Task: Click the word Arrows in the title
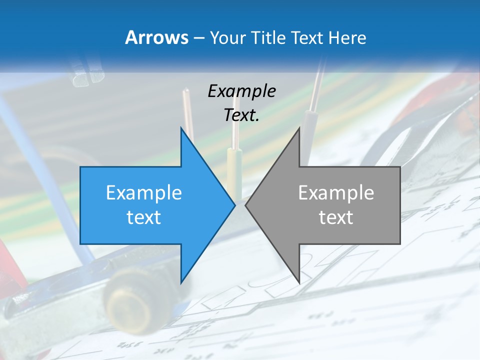pos(156,37)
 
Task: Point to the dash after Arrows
pos(198,38)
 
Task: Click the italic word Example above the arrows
pos(241,91)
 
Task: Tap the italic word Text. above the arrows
pos(241,115)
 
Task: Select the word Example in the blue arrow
pos(144,192)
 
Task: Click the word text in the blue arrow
pos(144,217)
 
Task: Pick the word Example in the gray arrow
pos(336,192)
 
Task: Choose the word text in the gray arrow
pos(336,217)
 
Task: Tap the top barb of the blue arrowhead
pos(182,131)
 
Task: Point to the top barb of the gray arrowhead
pos(298,131)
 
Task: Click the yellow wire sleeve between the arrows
pos(233,165)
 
